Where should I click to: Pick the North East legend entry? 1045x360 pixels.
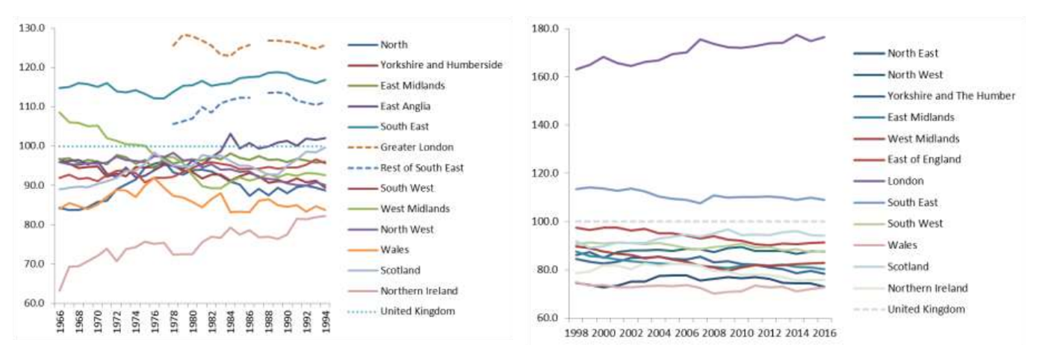click(x=914, y=53)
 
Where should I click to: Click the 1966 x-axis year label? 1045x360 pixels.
click(x=60, y=326)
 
